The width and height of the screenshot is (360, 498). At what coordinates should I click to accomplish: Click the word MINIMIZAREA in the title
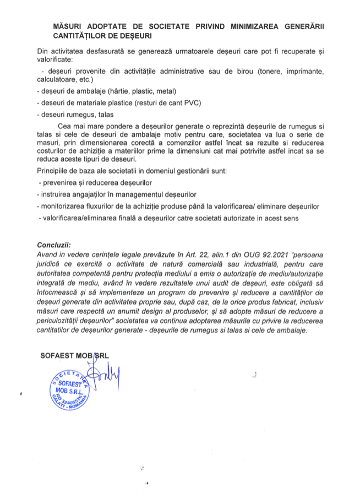click(x=241, y=26)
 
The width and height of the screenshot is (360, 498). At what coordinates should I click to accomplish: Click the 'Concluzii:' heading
click(x=54, y=244)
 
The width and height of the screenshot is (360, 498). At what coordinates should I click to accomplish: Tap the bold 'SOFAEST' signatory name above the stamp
click(x=59, y=356)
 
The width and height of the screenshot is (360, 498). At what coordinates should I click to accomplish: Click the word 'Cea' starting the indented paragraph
click(x=72, y=126)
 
